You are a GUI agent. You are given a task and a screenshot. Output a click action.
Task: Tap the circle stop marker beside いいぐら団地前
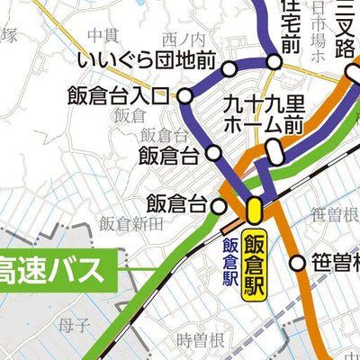[x=229, y=68]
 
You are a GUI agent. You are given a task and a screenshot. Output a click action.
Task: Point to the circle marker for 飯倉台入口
[x=185, y=95]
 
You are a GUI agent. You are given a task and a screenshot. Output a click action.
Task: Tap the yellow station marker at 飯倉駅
[x=255, y=211]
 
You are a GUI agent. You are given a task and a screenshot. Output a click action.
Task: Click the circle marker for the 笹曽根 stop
[x=298, y=264]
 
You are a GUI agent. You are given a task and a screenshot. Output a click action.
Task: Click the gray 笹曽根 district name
[x=335, y=214]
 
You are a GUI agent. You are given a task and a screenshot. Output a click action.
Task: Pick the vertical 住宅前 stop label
[x=290, y=27]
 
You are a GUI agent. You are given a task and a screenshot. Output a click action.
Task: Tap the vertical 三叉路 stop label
[x=342, y=27]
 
